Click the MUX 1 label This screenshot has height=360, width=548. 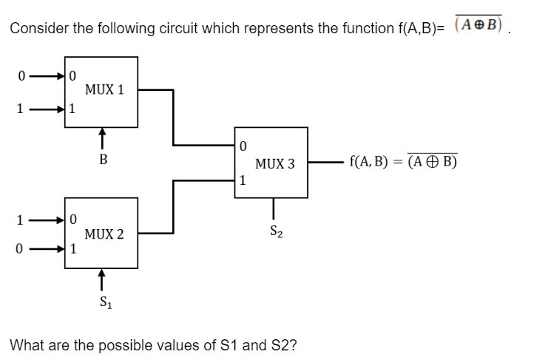[x=104, y=90]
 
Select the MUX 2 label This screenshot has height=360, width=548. [x=104, y=234]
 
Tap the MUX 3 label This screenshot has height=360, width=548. [x=274, y=163]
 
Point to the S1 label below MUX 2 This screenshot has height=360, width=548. [x=104, y=301]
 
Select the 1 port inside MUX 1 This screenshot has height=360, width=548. [x=72, y=109]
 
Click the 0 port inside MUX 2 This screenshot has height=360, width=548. [x=72, y=219]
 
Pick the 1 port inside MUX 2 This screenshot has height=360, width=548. [x=72, y=249]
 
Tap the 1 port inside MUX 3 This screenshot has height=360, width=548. [x=242, y=180]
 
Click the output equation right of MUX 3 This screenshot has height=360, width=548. [x=403, y=162]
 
